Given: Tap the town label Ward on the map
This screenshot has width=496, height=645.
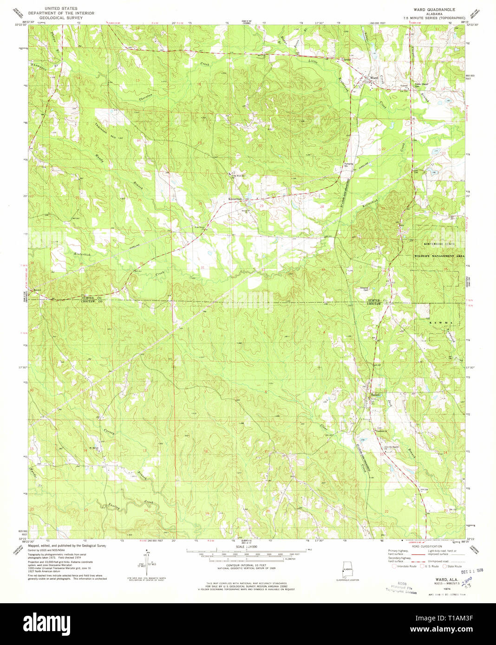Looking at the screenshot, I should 373,77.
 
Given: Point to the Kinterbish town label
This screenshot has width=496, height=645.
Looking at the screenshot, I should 235,199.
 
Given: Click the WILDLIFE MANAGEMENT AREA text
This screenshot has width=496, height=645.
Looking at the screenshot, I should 439,256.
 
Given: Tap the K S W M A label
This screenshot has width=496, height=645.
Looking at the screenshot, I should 440,322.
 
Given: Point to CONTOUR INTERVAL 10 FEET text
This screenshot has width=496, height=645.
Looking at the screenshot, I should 246,565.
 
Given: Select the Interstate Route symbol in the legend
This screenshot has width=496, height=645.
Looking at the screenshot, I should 394,566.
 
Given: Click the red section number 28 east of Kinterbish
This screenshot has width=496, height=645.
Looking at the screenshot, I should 322,206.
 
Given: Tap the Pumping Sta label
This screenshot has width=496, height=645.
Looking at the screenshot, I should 349,165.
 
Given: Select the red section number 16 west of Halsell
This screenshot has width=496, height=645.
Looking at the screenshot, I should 326,451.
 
